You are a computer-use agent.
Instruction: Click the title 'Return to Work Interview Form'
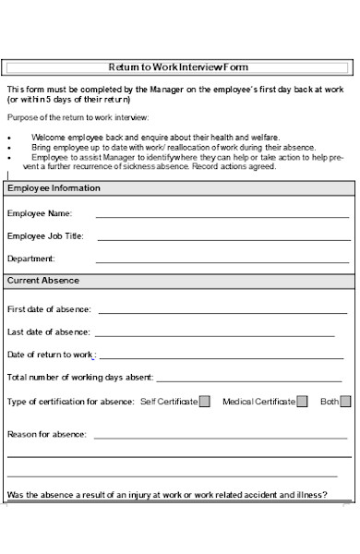178,67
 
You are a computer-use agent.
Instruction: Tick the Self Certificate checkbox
204,402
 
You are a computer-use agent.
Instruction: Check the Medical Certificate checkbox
302,402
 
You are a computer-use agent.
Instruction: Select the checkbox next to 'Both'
345,402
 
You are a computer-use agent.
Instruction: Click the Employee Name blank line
222,215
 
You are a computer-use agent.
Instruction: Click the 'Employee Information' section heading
54,188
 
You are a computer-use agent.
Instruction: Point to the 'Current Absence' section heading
43,281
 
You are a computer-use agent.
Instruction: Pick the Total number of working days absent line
254,379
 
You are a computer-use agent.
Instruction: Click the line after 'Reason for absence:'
222,436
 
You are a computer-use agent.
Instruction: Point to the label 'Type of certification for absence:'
70,402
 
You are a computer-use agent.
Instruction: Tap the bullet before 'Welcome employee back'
8,137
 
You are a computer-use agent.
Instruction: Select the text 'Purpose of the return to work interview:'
78,117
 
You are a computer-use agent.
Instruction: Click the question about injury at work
166,494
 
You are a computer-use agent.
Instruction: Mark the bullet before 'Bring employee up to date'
8,147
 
